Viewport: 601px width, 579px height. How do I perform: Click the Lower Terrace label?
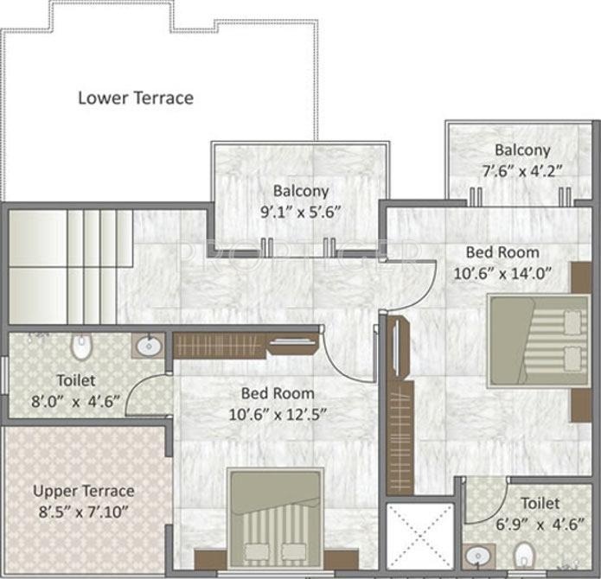[x=136, y=98]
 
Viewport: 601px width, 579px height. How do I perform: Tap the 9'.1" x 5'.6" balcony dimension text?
[x=300, y=210]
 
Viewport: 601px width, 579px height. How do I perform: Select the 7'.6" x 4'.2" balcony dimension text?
[x=522, y=169]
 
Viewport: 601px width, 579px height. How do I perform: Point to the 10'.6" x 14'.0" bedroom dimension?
[x=502, y=272]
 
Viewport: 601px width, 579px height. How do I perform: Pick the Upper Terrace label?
[x=84, y=491]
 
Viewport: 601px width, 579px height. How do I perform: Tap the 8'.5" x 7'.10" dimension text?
[x=84, y=511]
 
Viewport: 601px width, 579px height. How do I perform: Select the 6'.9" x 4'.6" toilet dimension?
[x=527, y=522]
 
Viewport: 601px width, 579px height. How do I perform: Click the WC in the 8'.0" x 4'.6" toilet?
[x=81, y=348]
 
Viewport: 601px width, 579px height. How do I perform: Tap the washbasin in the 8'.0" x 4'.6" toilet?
[x=147, y=347]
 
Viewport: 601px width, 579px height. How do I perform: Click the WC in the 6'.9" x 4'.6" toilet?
[x=524, y=553]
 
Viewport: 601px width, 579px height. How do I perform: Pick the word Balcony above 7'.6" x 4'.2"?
[x=522, y=150]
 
